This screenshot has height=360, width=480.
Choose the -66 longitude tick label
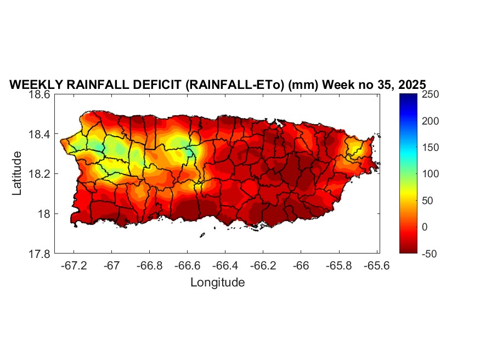click(x=301, y=265)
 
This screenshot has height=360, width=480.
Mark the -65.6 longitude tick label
click(x=376, y=265)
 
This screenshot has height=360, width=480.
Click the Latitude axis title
click(x=17, y=173)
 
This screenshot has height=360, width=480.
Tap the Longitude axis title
click(x=217, y=283)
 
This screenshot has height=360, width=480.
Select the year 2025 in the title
click(x=410, y=86)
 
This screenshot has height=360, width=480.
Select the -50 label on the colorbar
click(x=429, y=254)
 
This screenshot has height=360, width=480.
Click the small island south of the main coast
click(x=202, y=235)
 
